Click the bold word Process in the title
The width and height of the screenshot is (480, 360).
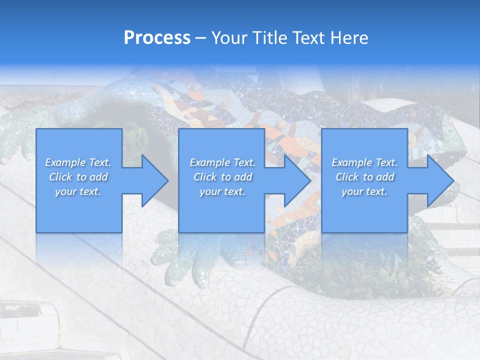[157, 38]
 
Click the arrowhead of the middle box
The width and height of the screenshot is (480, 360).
[297, 180]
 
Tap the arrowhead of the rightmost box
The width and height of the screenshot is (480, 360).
[440, 180]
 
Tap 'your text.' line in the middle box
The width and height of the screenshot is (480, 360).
[222, 191]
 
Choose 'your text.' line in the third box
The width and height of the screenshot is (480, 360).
[364, 191]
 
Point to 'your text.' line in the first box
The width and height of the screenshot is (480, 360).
[78, 191]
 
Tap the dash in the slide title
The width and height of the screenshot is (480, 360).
[201, 38]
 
